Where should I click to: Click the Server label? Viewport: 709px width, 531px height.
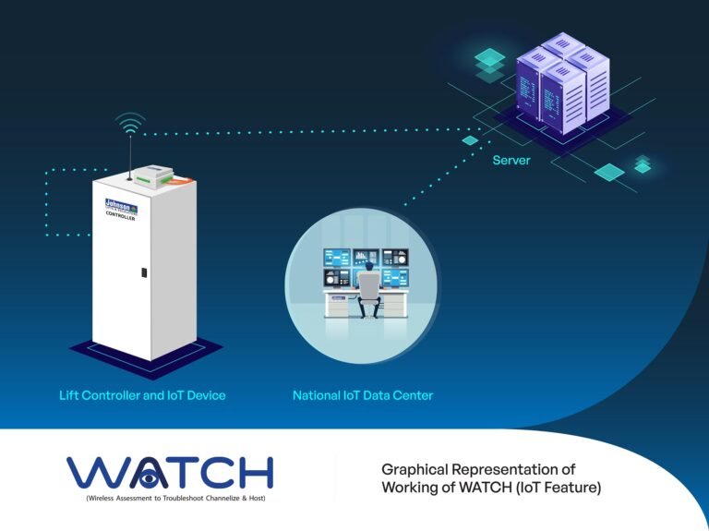511,160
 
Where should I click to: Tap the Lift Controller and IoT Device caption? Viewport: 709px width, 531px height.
141,395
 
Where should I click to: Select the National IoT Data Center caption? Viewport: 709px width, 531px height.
363,395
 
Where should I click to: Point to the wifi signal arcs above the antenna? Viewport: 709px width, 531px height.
130,122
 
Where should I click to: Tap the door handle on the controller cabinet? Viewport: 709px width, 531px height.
144,272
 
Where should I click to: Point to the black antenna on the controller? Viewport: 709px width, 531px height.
130,152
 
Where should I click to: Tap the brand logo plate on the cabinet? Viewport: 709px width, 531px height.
121,209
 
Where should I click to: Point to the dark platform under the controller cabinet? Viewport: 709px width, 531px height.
148,356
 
